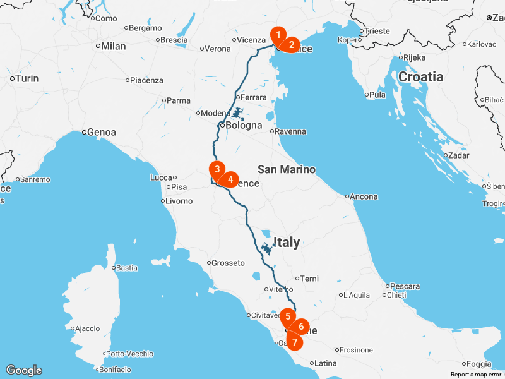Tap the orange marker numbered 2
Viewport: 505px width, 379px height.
(291, 44)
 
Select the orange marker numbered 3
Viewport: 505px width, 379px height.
(217, 169)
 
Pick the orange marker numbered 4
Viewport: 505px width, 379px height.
(230, 179)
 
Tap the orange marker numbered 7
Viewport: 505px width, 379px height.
(294, 341)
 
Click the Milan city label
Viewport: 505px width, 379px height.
(114, 46)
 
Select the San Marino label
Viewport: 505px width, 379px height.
(287, 169)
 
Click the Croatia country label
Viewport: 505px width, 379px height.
(420, 76)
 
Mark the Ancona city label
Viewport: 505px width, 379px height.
(364, 196)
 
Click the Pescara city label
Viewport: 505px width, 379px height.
(405, 286)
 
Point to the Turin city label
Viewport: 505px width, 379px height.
(27, 78)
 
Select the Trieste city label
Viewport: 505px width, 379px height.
(377, 31)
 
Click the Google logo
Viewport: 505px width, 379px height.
(23, 370)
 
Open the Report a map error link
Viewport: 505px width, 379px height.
(476, 375)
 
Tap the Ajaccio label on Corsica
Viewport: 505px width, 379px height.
(87, 328)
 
